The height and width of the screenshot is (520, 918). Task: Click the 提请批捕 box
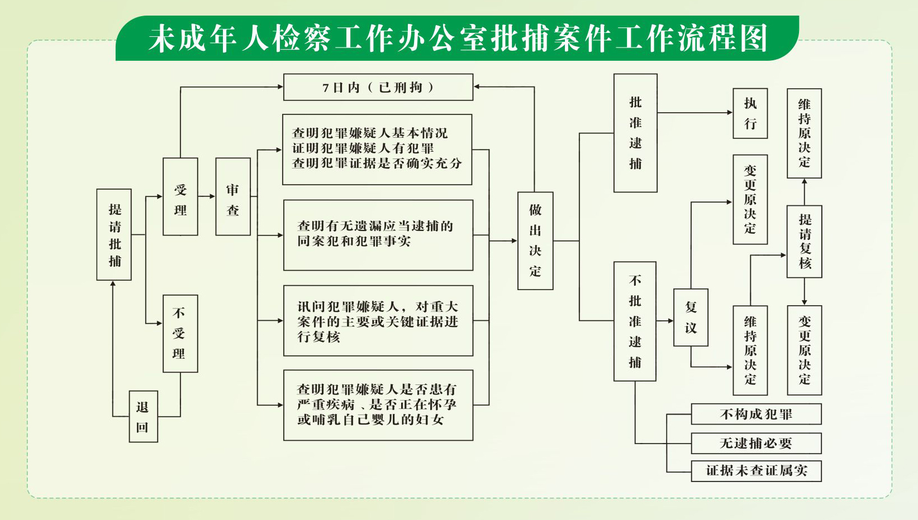click(114, 234)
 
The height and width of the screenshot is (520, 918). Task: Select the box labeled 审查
click(233, 196)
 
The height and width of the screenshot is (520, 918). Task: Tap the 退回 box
click(143, 416)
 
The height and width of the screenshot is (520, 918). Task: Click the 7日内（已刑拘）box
click(378, 87)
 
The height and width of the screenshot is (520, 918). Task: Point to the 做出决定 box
click(535, 240)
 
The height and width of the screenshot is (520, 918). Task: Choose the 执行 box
click(750, 113)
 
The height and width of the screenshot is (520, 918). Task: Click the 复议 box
click(691, 317)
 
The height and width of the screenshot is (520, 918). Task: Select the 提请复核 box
click(804, 241)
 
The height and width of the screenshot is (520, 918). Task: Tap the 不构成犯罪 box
click(756, 414)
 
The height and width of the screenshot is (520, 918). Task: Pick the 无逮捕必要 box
click(756, 443)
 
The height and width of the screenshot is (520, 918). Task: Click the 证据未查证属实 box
click(756, 470)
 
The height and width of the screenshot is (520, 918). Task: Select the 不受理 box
click(180, 333)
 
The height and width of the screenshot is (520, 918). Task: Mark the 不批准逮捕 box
click(635, 321)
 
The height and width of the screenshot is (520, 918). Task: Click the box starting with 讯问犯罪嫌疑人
click(378, 321)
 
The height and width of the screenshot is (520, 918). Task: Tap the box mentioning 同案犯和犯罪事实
click(378, 235)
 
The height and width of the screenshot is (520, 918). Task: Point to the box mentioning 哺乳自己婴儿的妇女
click(378, 405)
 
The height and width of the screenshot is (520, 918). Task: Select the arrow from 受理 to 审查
click(207, 196)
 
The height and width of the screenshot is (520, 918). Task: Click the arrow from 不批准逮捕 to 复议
click(665, 321)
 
